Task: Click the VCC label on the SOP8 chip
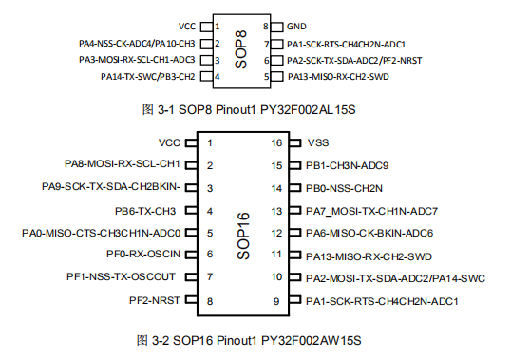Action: pyautogui.click(x=187, y=27)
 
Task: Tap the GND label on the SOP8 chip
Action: pyautogui.click(x=297, y=27)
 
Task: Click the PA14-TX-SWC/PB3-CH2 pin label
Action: pyautogui.click(x=148, y=76)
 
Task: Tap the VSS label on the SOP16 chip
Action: pyautogui.click(x=319, y=142)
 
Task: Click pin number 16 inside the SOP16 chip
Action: pyautogui.click(x=277, y=142)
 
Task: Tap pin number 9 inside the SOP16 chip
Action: pyautogui.click(x=276, y=301)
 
